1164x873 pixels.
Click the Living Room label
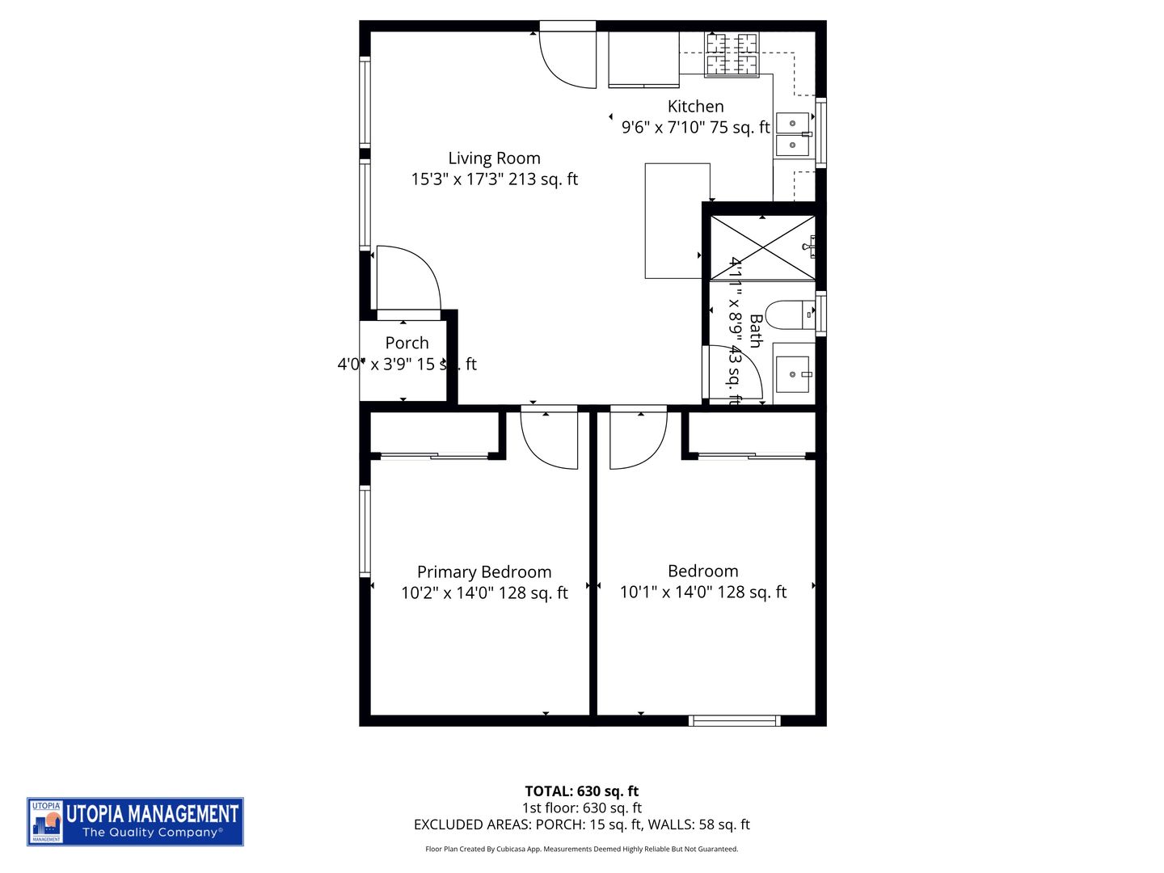pos(494,158)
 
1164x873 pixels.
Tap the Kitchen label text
pos(695,107)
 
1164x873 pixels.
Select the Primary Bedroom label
pos(484,572)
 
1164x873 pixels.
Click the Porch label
pos(407,343)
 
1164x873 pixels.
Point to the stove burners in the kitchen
pos(732,55)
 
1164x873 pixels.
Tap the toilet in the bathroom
pos(789,315)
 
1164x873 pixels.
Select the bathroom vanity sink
pos(793,374)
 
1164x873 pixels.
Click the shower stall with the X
pos(762,248)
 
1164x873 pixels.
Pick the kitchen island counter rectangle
pos(677,221)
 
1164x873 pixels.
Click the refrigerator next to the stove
pos(643,58)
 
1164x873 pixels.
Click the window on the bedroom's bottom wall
pos(734,720)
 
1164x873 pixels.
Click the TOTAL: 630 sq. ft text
pos(581,791)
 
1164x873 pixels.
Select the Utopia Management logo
pos(135,822)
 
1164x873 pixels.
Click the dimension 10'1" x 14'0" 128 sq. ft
pos(702,593)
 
